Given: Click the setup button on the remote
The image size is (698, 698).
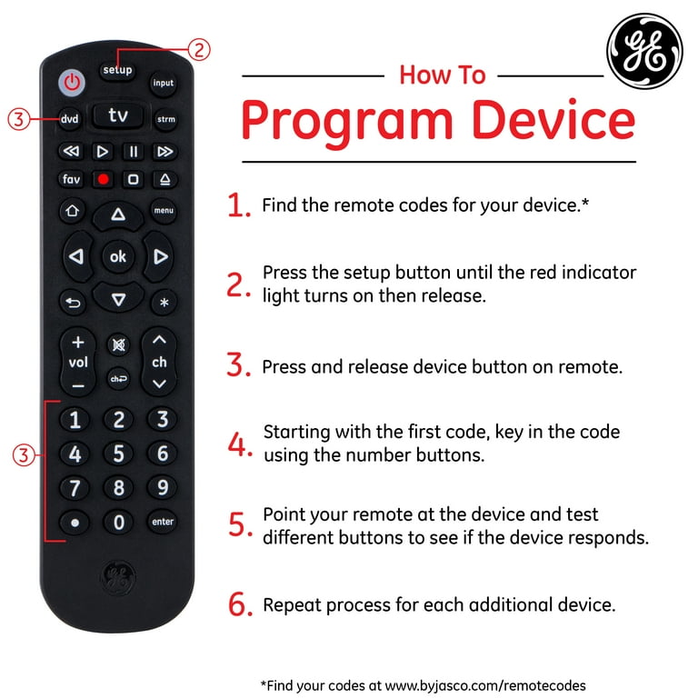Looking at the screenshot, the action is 117,70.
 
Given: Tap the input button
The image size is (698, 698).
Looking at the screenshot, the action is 163,83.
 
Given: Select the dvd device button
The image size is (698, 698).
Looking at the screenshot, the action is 70,119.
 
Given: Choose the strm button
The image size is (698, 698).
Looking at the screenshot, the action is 165,119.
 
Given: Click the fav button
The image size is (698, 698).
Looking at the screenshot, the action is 71,179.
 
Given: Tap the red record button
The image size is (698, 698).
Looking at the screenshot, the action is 104,179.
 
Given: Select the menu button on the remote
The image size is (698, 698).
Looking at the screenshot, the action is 164,210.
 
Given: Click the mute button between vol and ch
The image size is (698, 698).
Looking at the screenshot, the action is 118,345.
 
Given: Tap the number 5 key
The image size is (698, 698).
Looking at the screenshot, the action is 118,454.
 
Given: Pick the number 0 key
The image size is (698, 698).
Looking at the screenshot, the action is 118,522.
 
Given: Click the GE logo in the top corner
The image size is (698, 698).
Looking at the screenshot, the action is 644,50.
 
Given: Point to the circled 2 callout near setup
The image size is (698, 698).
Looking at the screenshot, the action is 198,49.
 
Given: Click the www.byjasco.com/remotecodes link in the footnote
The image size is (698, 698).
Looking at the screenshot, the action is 485,685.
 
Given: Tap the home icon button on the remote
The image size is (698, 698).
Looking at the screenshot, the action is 72,211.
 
